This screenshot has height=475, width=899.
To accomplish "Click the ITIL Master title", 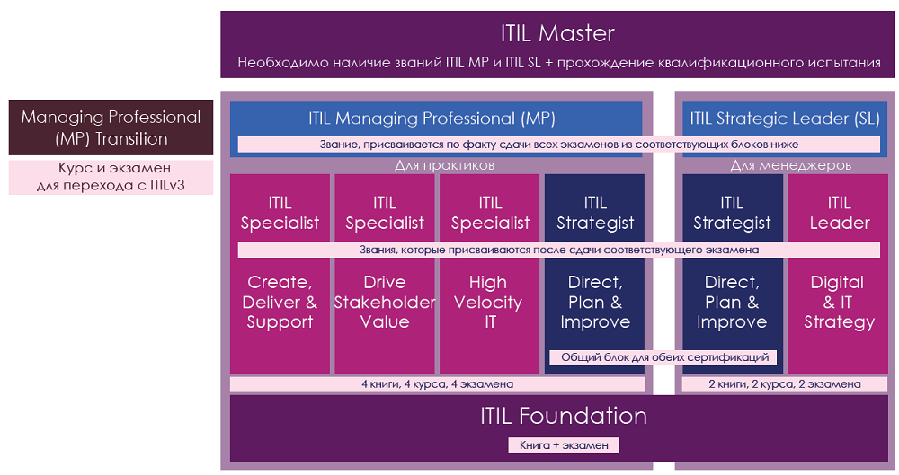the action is coord(557,33).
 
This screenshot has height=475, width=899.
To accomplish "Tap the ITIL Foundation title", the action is coord(564,416).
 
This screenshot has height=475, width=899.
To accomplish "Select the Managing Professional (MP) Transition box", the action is coord(111,128).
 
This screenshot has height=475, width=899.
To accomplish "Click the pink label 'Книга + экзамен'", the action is coord(564,445).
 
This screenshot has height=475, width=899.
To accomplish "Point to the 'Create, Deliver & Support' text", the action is coord(280,302).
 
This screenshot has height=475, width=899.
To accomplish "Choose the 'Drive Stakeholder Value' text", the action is coord(385,302).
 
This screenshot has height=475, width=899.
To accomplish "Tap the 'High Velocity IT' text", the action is coord(488,302).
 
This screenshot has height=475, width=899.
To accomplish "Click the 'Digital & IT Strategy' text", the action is coord(839,302).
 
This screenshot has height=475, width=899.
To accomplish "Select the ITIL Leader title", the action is coord(840,213).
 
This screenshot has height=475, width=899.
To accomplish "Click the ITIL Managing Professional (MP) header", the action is coord(432,119).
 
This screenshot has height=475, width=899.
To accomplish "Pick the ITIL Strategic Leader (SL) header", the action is coord(784,119).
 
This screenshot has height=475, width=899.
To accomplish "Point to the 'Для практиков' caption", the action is coord(444,165).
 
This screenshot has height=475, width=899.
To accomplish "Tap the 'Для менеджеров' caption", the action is coord(790,165).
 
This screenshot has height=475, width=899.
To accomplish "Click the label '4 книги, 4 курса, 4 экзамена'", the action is coord(438,384).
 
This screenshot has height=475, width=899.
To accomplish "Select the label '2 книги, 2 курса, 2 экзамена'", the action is coord(785,384).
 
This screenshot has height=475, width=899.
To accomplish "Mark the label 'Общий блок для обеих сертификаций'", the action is coord(663,357).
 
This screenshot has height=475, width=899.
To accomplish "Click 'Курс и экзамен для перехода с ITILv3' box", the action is coord(111,177).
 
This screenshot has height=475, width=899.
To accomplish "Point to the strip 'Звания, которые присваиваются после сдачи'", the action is coord(559,250).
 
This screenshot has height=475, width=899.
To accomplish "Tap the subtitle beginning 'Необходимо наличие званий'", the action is coord(559,63).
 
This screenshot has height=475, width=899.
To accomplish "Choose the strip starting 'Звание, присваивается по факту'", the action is coord(559,145).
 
